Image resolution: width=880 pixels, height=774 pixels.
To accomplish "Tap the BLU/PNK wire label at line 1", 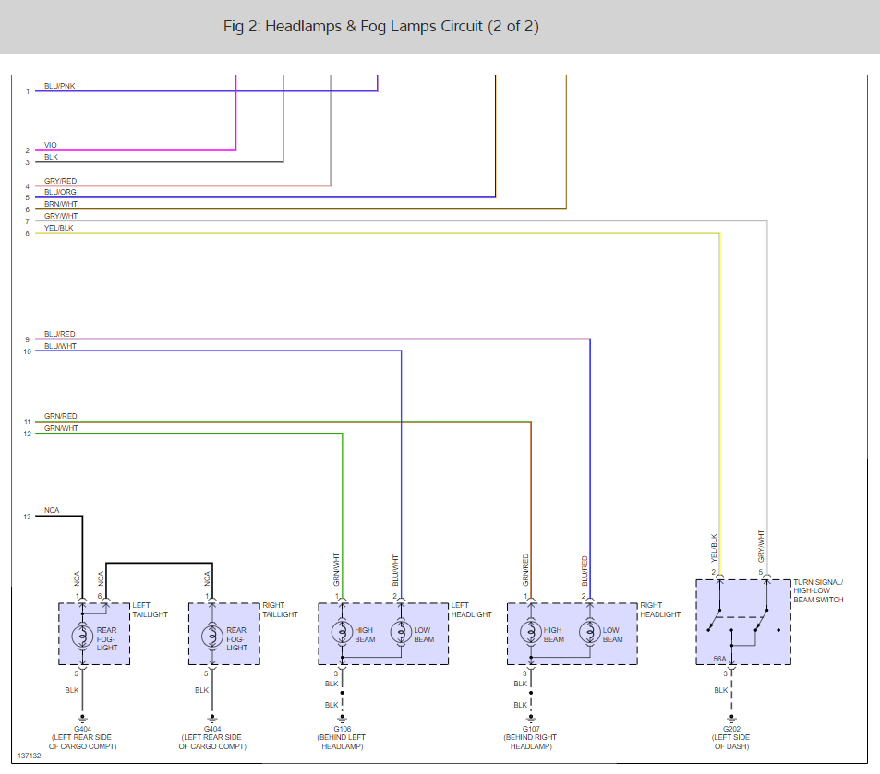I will pyautogui.click(x=59, y=86).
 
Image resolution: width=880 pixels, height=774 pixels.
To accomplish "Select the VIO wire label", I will pyautogui.click(x=51, y=145).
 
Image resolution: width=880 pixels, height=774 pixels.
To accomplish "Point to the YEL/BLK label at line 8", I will pyautogui.click(x=59, y=228).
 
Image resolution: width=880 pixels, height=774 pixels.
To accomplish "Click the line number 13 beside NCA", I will pyautogui.click(x=28, y=517).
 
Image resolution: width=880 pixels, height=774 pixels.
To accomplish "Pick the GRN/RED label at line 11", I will pyautogui.click(x=61, y=416).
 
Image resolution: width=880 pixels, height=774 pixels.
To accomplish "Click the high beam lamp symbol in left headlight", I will pyautogui.click(x=343, y=634).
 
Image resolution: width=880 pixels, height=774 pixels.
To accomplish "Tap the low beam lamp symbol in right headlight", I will pyautogui.click(x=589, y=634).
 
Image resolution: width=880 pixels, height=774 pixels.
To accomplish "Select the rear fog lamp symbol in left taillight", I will pyautogui.click(x=82, y=634).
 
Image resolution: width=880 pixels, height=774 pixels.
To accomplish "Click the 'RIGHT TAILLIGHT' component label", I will pyautogui.click(x=280, y=610).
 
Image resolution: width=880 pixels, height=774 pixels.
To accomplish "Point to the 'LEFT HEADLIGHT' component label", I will pyautogui.click(x=471, y=610).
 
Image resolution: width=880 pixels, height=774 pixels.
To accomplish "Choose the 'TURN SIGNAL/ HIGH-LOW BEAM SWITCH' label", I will pyautogui.click(x=818, y=590).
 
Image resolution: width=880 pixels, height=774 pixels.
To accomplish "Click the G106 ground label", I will pyautogui.click(x=342, y=729).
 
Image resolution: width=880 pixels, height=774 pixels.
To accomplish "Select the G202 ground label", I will pyautogui.click(x=729, y=729).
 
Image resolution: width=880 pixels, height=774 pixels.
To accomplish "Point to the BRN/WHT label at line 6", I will pyautogui.click(x=61, y=204).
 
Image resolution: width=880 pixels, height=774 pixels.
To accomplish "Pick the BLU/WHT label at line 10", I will pyautogui.click(x=61, y=346).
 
